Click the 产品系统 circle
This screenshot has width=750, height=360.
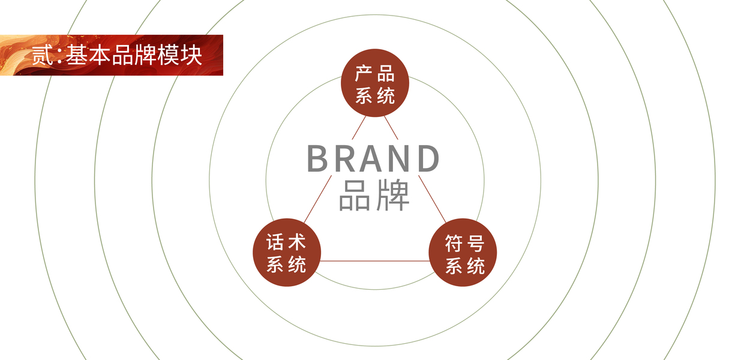(x=375, y=83)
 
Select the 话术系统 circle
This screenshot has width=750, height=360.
(x=286, y=252)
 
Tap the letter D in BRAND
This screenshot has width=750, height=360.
(x=428, y=159)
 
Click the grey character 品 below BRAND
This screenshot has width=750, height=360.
(x=355, y=194)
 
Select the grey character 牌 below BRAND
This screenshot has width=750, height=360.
(x=392, y=194)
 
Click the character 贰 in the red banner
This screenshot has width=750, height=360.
(x=43, y=56)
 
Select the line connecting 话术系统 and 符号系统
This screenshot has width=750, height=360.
(x=375, y=261)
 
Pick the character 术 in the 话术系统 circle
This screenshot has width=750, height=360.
(x=297, y=242)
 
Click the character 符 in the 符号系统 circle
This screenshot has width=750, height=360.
(x=453, y=244)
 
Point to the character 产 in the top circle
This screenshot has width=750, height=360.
(x=364, y=74)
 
